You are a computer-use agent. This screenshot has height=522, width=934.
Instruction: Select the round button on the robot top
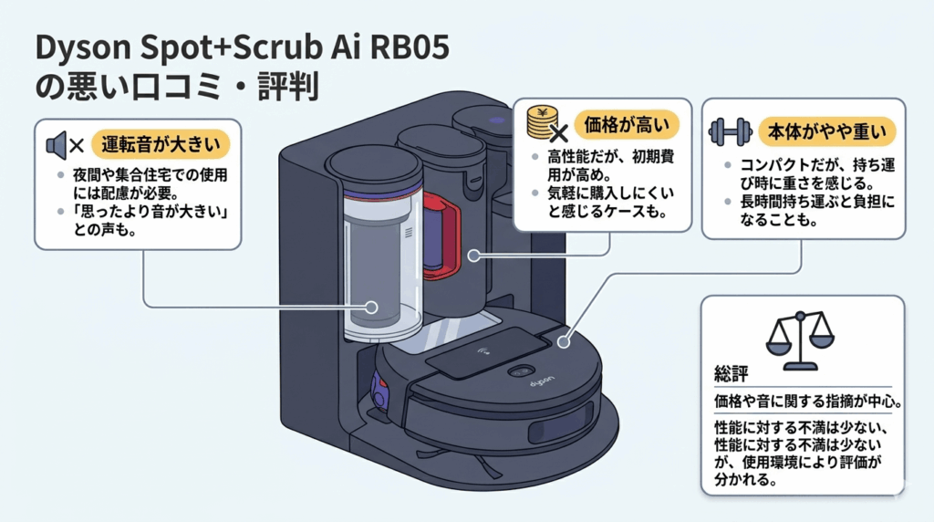click(521, 371)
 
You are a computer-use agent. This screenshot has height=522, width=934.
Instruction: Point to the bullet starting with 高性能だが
click(602, 167)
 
